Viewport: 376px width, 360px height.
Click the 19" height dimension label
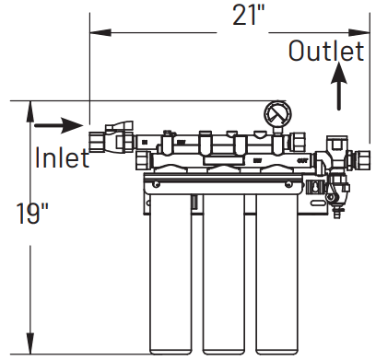click(x=32, y=215)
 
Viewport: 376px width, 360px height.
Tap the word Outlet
click(x=326, y=52)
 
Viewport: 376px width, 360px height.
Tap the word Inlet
click(x=62, y=158)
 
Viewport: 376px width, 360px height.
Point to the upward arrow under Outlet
click(x=338, y=90)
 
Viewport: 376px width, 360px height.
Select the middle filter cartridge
click(x=224, y=267)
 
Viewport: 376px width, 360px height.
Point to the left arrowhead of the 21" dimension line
click(x=93, y=35)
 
